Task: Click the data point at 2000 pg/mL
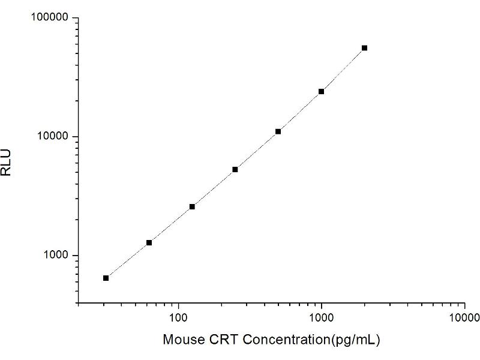364,48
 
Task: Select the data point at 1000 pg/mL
321,91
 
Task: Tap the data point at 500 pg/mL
278,131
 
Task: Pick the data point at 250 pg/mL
235,170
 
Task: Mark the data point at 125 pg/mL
192,206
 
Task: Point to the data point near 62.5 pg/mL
149,242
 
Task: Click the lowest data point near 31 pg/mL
106,278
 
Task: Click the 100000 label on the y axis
50,18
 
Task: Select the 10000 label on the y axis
53,137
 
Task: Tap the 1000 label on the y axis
56,256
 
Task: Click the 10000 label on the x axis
464,316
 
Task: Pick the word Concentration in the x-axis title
279,340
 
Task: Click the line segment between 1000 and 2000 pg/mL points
343,70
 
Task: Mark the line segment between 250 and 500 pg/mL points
257,151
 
